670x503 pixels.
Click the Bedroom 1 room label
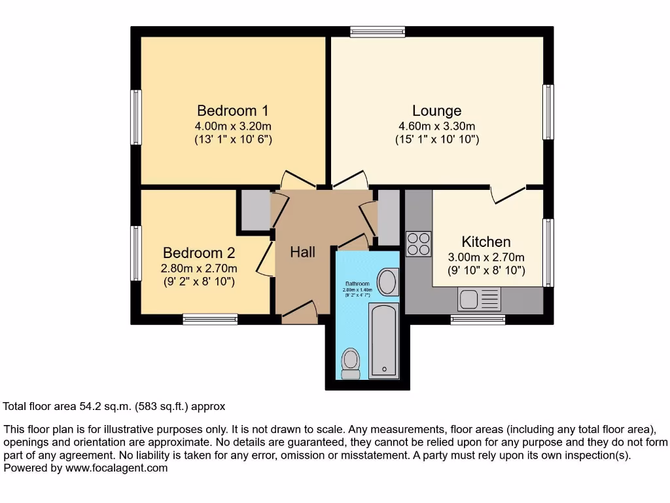[x=233, y=110]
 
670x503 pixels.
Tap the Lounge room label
[x=436, y=111]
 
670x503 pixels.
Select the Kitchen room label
[x=486, y=242]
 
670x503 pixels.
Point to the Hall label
[x=303, y=252]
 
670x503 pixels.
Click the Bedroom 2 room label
[x=199, y=253]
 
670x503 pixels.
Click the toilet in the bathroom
[x=351, y=363]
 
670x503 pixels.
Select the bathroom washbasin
[x=387, y=283]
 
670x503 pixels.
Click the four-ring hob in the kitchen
[x=419, y=244]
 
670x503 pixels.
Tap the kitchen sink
[x=479, y=300]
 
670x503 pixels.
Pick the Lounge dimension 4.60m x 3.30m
[x=436, y=126]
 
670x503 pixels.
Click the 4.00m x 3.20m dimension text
[x=233, y=126]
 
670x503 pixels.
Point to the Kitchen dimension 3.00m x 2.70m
[x=486, y=257]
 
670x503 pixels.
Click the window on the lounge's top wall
[x=378, y=30]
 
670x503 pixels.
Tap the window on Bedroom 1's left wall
[x=136, y=117]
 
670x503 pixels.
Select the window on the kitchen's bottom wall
[x=478, y=319]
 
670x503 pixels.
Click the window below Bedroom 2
[x=210, y=319]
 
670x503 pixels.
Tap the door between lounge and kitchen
[x=508, y=193]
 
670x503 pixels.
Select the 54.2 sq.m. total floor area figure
[x=106, y=406]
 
